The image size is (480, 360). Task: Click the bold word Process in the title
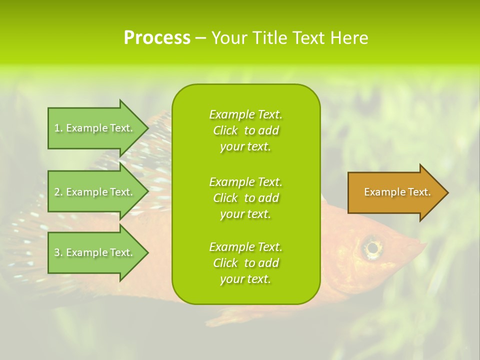(157, 38)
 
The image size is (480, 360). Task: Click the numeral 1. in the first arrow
(58, 128)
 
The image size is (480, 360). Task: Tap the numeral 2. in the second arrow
(58, 192)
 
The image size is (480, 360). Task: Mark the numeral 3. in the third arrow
(58, 252)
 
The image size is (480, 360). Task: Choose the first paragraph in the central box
(245, 130)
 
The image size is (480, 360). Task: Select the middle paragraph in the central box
(245, 198)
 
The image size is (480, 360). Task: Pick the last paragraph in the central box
(245, 263)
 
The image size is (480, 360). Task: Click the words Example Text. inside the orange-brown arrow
(397, 192)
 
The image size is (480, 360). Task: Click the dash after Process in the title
(200, 38)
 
